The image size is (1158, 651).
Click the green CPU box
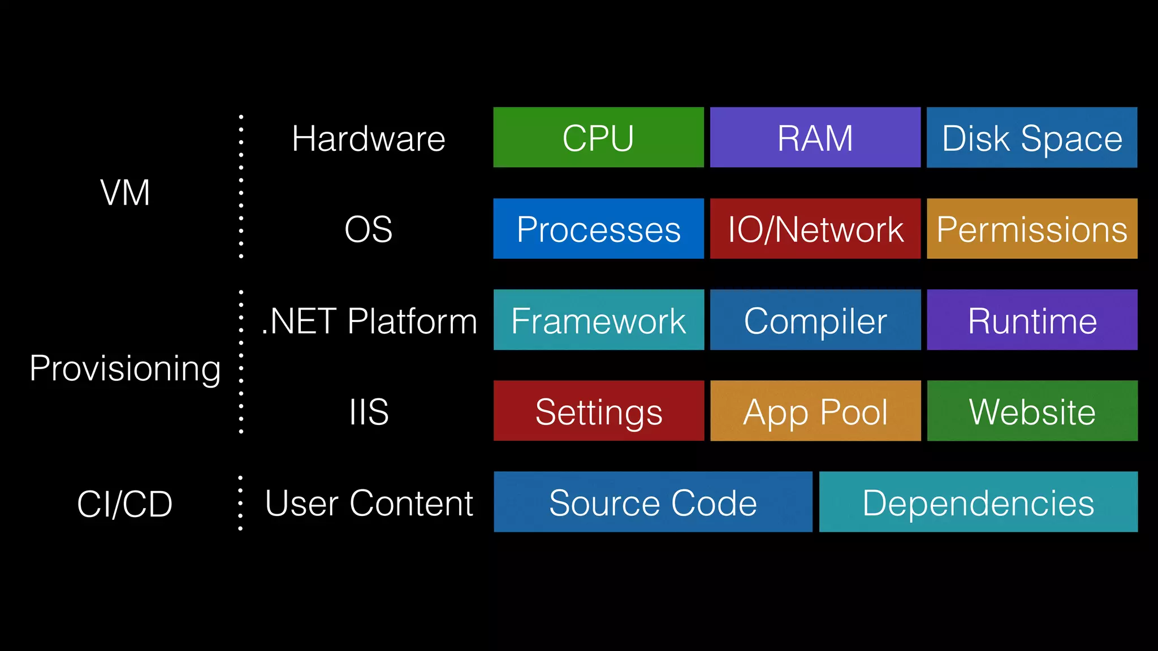(598, 137)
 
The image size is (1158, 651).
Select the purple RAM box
(815, 137)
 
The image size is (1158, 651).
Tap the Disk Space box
(1032, 137)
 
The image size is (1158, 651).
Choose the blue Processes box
(598, 228)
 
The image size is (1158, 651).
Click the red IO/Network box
(815, 228)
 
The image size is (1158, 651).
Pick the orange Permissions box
(1032, 228)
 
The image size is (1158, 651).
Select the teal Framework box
(598, 320)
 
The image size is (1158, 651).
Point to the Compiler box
(815, 320)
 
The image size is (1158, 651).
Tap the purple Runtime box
(1032, 320)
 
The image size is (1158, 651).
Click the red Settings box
(598, 411)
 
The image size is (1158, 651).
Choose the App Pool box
(815, 411)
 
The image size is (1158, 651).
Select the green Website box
(1032, 411)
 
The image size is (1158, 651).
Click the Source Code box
(653, 502)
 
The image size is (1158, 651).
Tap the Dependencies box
(978, 502)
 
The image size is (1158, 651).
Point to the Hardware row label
(368, 138)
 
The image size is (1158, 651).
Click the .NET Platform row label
(369, 321)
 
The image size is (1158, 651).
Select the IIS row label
(369, 412)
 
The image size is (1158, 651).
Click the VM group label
(125, 193)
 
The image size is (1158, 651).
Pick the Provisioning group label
(125, 368)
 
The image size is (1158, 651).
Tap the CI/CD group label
(125, 504)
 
